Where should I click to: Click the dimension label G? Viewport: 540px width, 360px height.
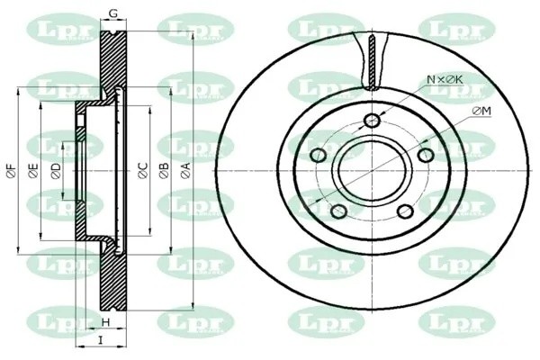click(x=113, y=13)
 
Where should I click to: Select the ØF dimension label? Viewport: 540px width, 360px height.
click(x=11, y=171)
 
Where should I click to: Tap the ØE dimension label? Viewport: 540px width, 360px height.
click(x=32, y=171)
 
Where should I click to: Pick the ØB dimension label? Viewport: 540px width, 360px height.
click(x=164, y=171)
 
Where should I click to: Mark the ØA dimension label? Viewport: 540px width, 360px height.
click(x=186, y=171)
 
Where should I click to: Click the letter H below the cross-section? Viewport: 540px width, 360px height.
click(x=105, y=322)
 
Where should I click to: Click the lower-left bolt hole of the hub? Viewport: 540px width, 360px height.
click(x=339, y=211)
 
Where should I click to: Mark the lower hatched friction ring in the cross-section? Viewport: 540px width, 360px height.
click(x=109, y=279)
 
